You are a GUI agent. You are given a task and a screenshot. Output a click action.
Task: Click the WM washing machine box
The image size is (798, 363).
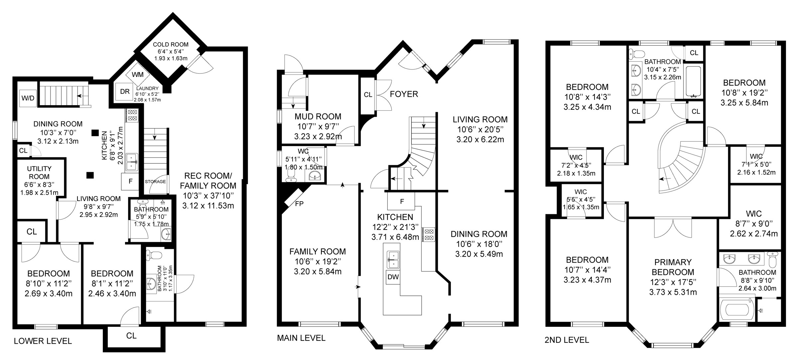pos(138,75)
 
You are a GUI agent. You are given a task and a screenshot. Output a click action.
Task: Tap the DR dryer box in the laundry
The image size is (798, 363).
pos(125,91)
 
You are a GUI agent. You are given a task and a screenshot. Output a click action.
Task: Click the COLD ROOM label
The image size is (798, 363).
pos(171,45)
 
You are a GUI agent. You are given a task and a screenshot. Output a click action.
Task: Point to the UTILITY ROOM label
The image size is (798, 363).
pos(39,173)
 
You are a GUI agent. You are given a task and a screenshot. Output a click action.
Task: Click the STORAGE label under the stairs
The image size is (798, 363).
pos(155,182)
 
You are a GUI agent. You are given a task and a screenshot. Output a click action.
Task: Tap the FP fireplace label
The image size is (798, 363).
pos(299,204)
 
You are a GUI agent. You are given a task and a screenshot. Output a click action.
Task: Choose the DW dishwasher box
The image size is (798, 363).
pos(393,277)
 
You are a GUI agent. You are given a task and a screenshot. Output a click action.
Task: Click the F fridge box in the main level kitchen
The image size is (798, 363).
pos(402,201)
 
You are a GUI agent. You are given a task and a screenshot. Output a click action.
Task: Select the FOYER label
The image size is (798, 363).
pos(404,94)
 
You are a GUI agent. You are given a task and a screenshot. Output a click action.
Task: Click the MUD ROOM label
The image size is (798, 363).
pos(318,116)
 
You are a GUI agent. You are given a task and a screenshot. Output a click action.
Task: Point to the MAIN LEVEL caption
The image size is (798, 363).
pos(301,338)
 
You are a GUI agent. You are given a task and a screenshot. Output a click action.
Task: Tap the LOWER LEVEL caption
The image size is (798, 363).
pos(43,341)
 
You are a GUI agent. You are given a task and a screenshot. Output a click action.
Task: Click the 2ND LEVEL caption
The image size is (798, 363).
pos(567,340)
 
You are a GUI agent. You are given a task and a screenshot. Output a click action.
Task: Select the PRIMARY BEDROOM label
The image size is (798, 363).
pos(673,267)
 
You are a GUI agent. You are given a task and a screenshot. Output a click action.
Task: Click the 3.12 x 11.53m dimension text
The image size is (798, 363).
pos(208,206)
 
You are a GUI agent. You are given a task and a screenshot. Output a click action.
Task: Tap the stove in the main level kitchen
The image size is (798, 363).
pos(428,234)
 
